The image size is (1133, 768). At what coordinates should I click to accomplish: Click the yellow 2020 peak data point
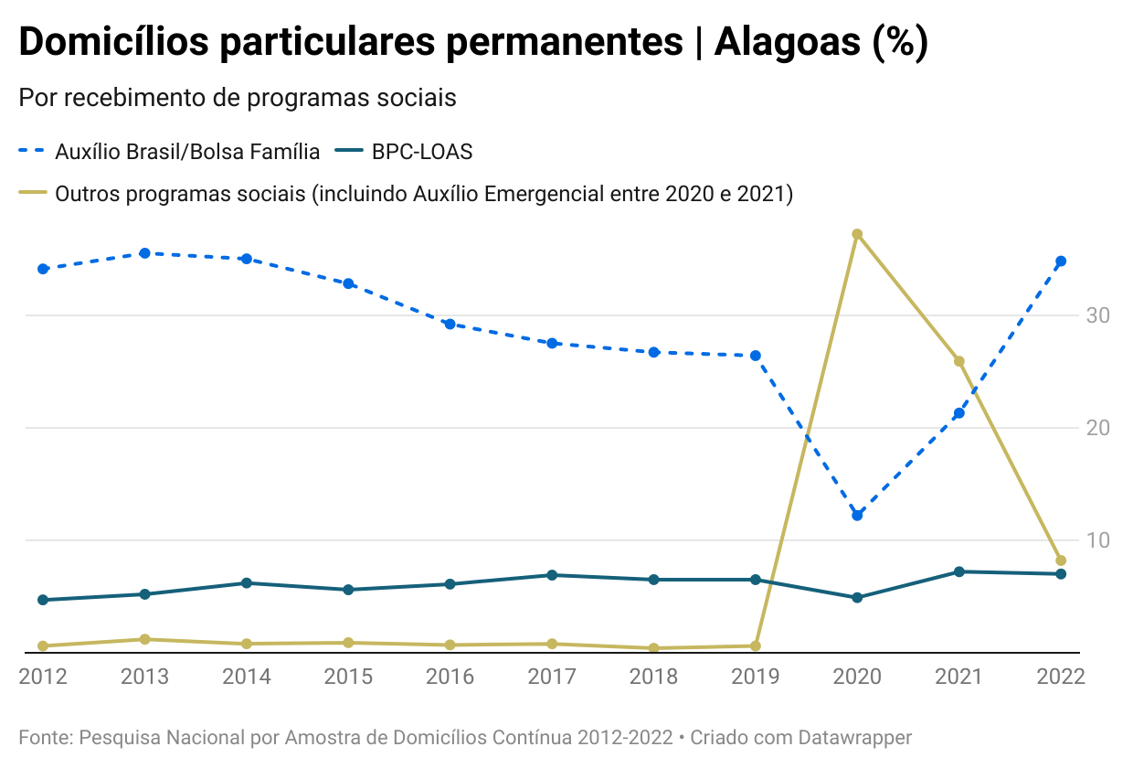pos(857,234)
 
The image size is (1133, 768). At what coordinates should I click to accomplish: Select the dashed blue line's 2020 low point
pos(857,516)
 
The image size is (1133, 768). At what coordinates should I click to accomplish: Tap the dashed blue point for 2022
pos(1061,261)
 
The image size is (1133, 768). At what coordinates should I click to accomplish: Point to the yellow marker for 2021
pos(959,361)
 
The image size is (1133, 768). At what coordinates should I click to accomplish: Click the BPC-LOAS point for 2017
pos(552,575)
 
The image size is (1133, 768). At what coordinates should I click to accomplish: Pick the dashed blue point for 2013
pos(144,253)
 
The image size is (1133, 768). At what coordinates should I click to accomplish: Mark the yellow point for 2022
pos(1061,560)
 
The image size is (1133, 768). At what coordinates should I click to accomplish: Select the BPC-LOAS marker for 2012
pos(43,600)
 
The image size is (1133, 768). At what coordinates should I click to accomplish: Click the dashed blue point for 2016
pos(450,324)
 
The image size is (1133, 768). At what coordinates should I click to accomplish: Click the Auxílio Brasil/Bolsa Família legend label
pos(187,152)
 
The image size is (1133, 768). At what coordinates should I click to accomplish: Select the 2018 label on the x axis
pos(653,677)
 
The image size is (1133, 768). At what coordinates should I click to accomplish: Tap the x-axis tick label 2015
pos(348,677)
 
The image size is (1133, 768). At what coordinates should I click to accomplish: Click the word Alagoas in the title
pos(786,42)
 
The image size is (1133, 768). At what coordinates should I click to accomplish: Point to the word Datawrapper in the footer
pos(855,737)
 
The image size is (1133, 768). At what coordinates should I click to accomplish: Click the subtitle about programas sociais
pos(238,97)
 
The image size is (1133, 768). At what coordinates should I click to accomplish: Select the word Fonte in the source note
pos(43,737)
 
